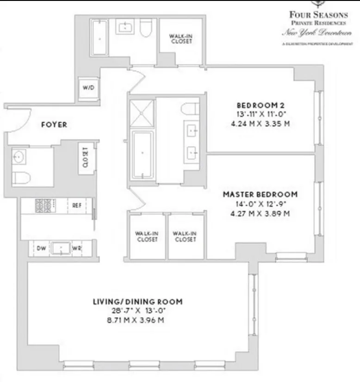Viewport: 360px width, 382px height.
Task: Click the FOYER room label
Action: coord(54,124)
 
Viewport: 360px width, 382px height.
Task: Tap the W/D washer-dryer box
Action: coord(88,88)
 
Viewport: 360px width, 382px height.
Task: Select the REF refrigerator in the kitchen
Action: coord(77,205)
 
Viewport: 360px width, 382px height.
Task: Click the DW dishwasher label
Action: coord(41,248)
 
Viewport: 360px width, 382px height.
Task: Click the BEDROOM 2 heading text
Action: coord(258,104)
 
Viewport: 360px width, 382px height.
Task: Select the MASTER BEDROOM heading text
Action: coord(260,194)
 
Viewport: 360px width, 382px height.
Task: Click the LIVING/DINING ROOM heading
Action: coord(137,302)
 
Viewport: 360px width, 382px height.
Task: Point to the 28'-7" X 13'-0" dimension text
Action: coord(137,311)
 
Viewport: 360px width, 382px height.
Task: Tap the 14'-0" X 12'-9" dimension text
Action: coord(260,204)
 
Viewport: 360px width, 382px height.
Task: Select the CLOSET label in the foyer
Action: coord(86,157)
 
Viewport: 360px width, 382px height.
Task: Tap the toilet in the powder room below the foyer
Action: coord(21,178)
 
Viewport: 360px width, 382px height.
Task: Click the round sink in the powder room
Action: coord(19,157)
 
